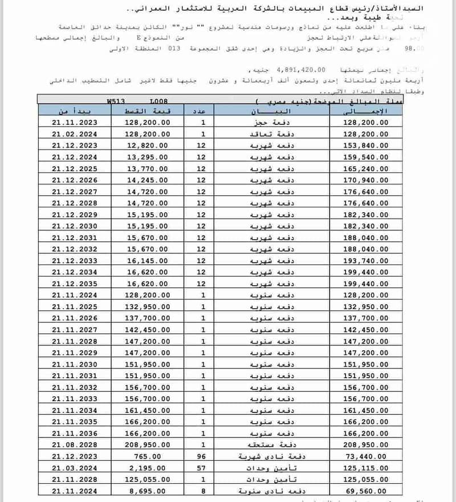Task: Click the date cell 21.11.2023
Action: click(x=74, y=122)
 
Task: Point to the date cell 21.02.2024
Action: click(x=74, y=133)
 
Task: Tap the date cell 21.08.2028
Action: click(x=74, y=444)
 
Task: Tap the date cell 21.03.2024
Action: click(x=74, y=468)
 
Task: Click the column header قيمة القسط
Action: click(x=146, y=111)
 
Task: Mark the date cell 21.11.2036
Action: click(x=74, y=433)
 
